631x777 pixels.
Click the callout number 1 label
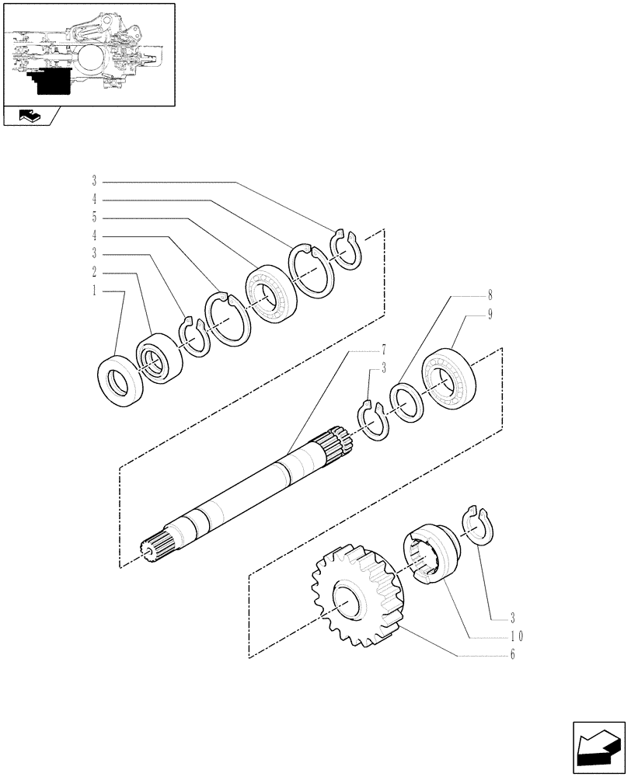(94, 291)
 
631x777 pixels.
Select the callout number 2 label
(94, 273)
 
